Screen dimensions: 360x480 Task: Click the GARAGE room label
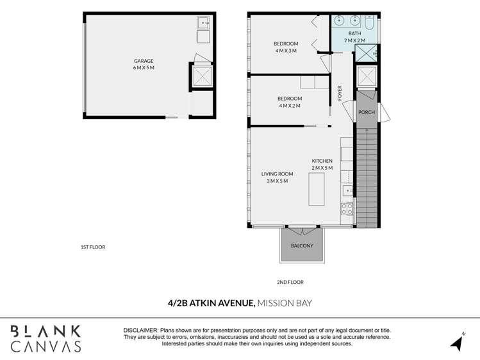pos(144,61)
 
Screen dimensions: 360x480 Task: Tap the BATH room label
pos(354,33)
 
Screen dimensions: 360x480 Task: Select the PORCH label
pos(367,112)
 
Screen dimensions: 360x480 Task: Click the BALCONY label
pos(302,246)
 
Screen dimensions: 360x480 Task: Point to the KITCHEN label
pos(322,161)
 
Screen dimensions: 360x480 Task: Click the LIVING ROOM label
pos(277,174)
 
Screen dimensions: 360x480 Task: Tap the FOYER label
pos(340,93)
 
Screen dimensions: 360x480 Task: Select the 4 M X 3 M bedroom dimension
pos(286,51)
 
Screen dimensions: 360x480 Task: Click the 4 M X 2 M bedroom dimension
pos(289,106)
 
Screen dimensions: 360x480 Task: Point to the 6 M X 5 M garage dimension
pos(144,67)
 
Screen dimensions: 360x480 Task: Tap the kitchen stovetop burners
pos(347,209)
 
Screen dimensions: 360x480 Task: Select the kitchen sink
pos(347,190)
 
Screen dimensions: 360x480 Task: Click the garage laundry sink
pos(204,23)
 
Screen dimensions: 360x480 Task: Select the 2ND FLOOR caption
pos(291,282)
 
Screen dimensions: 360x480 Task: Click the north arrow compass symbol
pos(458,342)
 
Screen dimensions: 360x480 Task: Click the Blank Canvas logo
pos(46,339)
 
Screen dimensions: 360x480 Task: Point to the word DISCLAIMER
pos(140,329)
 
